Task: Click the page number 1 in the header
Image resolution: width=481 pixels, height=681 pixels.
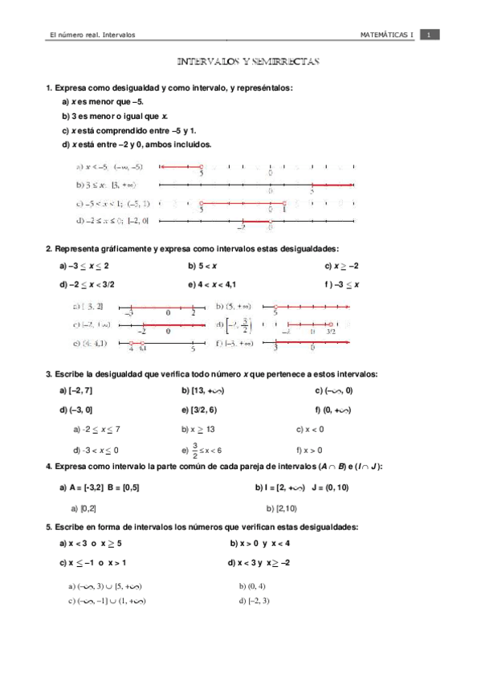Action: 430,35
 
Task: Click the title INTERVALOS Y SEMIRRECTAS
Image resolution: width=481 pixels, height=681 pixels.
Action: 248,61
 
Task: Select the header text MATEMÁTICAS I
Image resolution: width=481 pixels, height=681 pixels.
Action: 387,35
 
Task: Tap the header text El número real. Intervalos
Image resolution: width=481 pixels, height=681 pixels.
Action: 92,35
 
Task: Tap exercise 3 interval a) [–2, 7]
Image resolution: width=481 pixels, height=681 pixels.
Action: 76,390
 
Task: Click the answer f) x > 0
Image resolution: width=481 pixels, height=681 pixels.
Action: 309,450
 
